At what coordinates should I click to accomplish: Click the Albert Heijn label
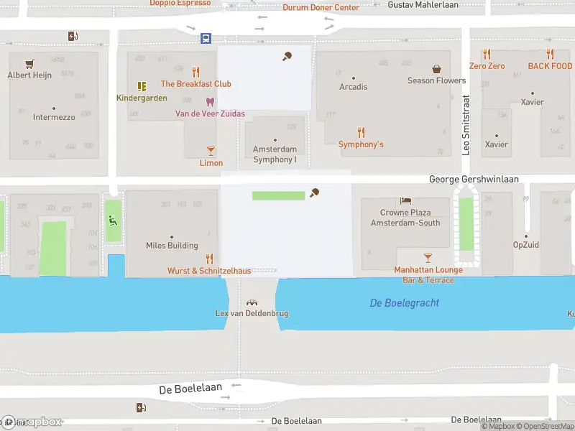point(29,75)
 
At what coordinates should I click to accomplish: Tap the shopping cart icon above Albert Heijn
point(29,63)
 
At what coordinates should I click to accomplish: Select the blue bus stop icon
point(206,39)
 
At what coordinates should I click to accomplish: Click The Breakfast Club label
point(195,84)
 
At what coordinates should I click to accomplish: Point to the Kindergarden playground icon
point(142,85)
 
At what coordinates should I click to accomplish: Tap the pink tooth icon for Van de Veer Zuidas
point(211,102)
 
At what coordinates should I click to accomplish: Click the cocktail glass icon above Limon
point(211,151)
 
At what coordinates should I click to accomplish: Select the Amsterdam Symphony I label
point(275,154)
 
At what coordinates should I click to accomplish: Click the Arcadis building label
point(353,87)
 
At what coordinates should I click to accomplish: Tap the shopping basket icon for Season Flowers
point(436,69)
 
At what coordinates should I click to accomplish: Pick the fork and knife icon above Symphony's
point(361,132)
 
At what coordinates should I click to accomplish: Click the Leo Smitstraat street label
point(466,125)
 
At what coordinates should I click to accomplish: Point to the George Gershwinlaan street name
point(473,180)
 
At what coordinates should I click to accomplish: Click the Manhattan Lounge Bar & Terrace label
point(428,275)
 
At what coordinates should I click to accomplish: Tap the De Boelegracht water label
point(404,303)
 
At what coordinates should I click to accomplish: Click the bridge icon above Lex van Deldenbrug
point(252,303)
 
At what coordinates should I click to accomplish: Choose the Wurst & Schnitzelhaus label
point(209,271)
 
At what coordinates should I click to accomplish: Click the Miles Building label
point(172,246)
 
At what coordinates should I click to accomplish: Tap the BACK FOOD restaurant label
point(550,66)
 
